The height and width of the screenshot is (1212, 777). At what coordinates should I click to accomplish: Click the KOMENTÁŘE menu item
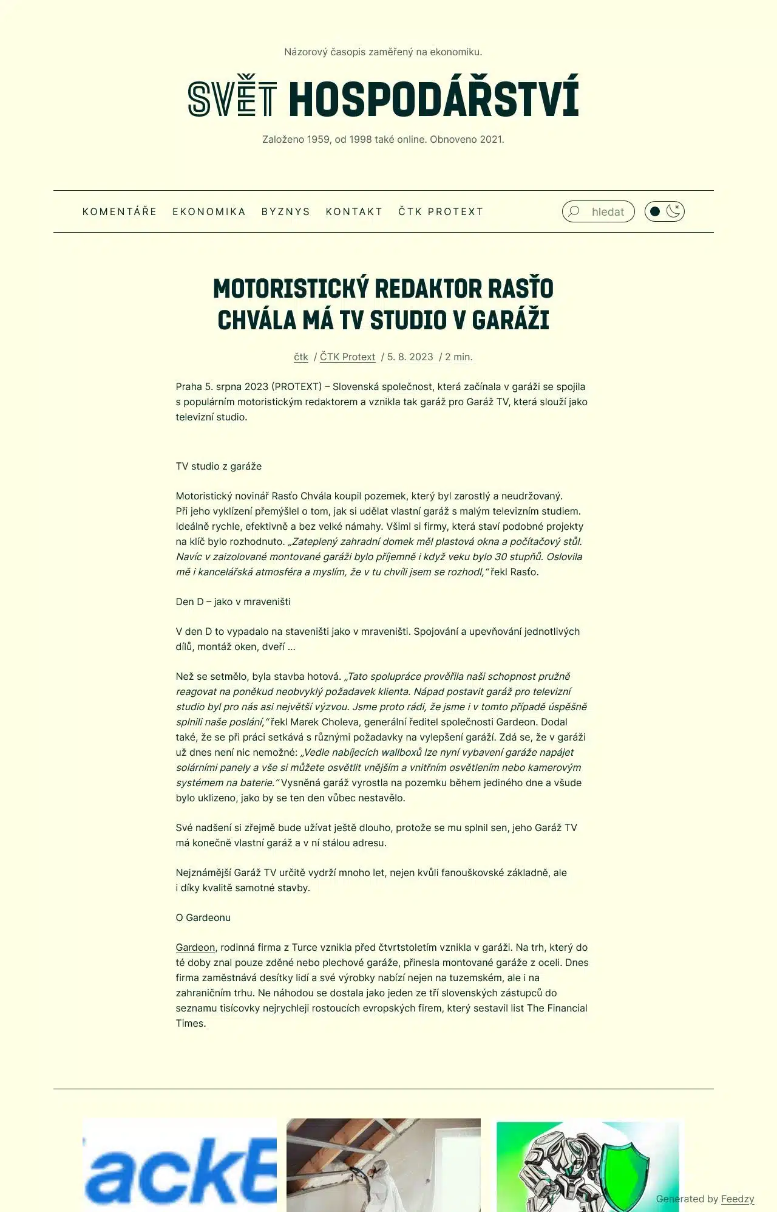[x=120, y=211]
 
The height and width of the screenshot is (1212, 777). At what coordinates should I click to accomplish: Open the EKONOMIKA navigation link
[x=209, y=211]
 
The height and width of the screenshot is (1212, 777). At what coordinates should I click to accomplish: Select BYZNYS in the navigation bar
[x=285, y=211]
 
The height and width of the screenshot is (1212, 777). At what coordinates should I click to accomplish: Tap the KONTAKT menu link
[x=354, y=211]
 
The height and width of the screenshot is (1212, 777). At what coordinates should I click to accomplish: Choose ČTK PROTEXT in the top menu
[x=441, y=211]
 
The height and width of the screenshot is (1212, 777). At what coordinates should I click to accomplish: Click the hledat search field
[x=608, y=212]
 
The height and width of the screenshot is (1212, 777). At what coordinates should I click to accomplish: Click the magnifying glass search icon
[x=574, y=211]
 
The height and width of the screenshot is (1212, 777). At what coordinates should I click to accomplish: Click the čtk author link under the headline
[x=301, y=357]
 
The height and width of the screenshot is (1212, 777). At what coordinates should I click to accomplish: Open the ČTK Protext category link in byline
[x=347, y=357]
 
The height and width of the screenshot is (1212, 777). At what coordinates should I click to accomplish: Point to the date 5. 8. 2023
[x=410, y=357]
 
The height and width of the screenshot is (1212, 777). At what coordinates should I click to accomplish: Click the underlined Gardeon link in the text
[x=195, y=948]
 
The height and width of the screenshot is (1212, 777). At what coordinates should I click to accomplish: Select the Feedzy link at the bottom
[x=738, y=1199]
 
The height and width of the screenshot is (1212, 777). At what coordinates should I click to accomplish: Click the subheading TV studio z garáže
[x=219, y=467]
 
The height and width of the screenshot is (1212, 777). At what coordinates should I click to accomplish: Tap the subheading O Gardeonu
[x=203, y=918]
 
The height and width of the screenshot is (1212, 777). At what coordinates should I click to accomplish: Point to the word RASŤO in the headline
[x=521, y=289]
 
